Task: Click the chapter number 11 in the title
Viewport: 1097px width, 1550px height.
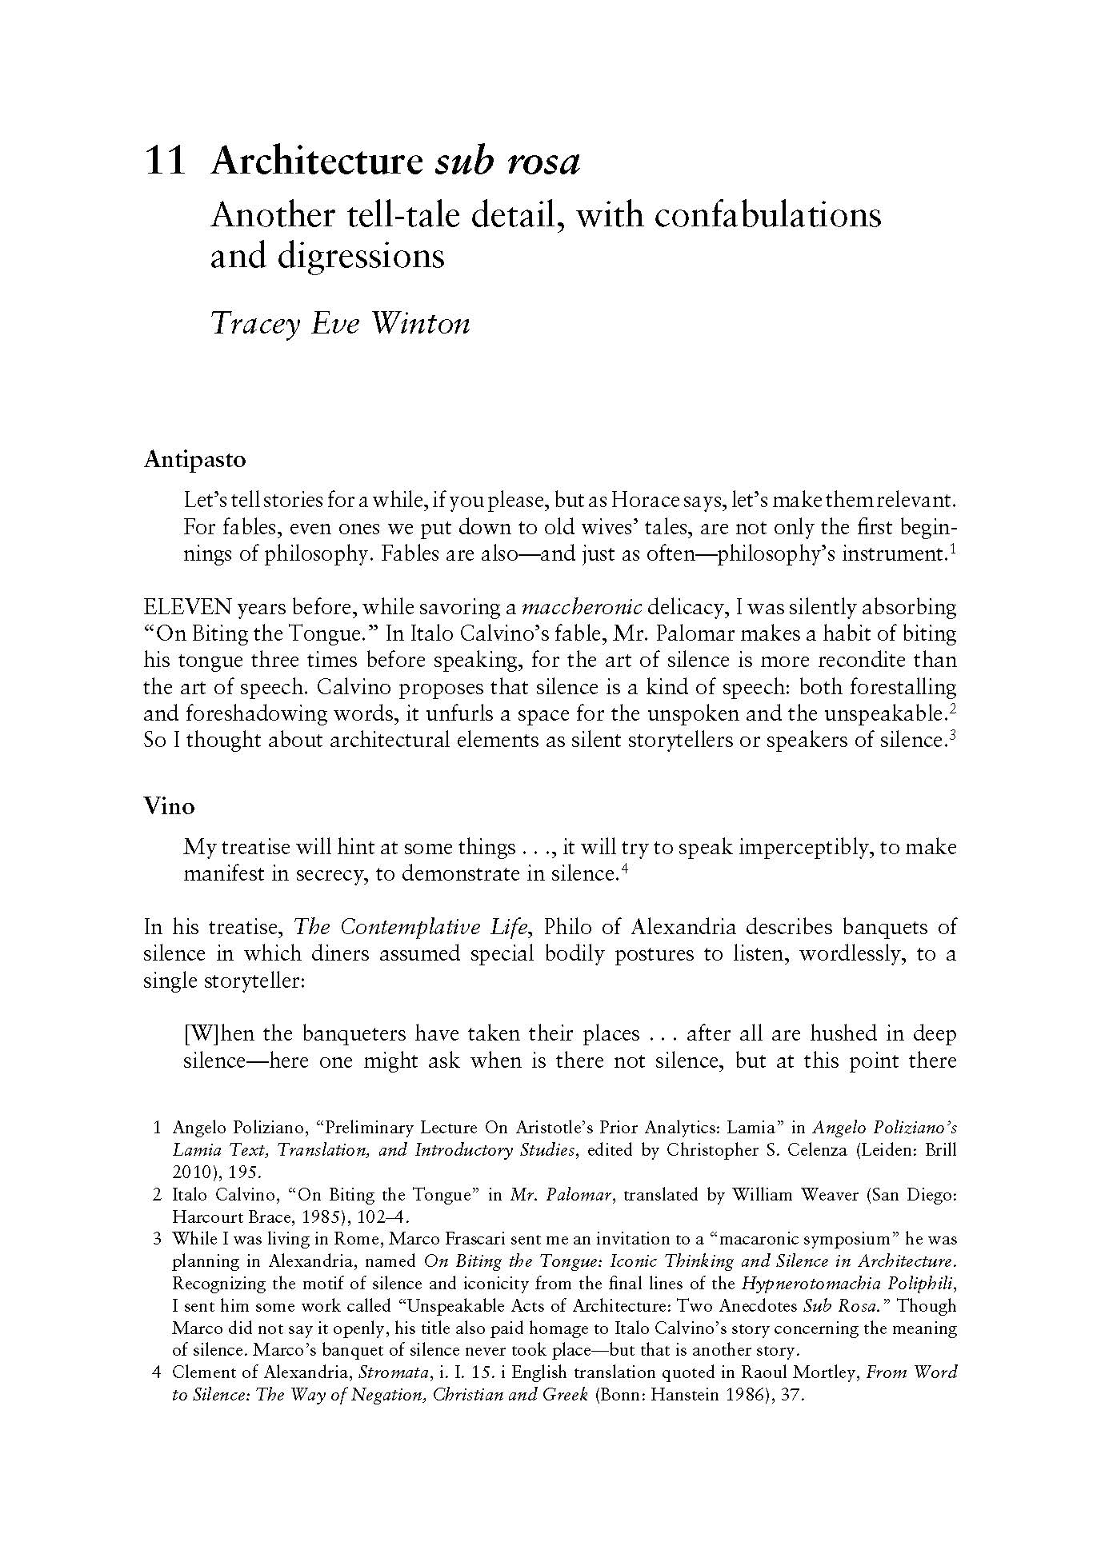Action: click(x=165, y=162)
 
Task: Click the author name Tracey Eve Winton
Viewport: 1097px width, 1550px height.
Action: click(x=339, y=323)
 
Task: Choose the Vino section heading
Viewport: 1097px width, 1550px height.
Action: click(x=169, y=806)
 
